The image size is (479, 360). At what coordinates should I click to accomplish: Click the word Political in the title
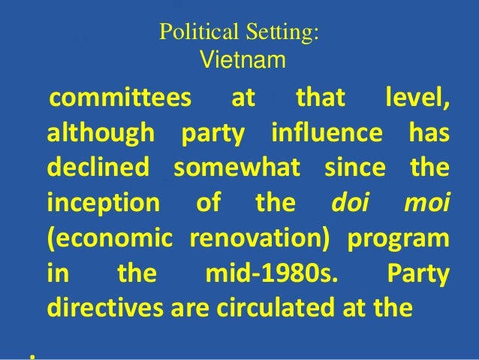(191, 32)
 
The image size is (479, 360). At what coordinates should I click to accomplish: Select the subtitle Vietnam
(242, 59)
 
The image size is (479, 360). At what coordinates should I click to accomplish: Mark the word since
(354, 168)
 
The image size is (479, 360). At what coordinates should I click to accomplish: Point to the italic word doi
(349, 203)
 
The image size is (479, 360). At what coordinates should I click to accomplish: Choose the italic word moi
(429, 203)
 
